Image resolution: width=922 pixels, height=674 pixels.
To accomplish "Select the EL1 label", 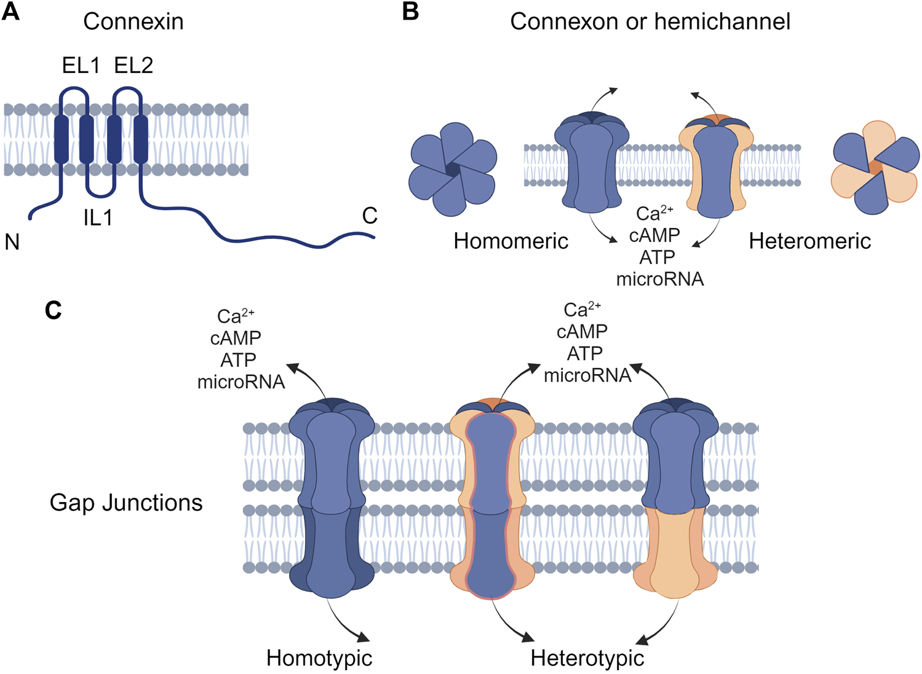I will click(x=81, y=65).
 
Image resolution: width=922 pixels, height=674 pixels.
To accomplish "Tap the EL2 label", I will click(x=133, y=65).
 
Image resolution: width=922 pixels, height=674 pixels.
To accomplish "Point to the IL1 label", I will click(x=98, y=217).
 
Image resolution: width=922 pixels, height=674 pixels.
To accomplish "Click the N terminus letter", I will click(x=12, y=242).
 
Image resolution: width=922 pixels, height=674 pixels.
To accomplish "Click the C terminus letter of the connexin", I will click(x=370, y=216).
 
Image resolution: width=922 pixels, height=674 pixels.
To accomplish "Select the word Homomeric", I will click(x=511, y=241).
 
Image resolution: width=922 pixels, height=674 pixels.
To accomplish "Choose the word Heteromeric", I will click(x=809, y=241).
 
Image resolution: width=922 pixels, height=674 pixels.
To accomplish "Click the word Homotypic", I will click(x=319, y=658).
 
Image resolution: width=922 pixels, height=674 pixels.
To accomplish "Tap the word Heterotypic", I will click(x=587, y=658).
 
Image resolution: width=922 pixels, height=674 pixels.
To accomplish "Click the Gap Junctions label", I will click(x=126, y=503).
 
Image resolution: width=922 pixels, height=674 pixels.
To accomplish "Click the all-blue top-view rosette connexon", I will click(x=453, y=170).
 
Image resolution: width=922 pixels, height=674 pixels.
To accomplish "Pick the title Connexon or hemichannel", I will click(x=650, y=22).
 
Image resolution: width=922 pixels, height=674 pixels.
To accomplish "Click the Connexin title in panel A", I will click(x=133, y=22).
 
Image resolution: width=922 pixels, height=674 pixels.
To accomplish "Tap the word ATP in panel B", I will click(x=657, y=257).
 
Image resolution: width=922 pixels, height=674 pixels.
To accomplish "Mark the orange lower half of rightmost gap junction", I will click(x=675, y=553).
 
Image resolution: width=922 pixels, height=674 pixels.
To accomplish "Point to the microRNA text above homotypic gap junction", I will click(x=241, y=382).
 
